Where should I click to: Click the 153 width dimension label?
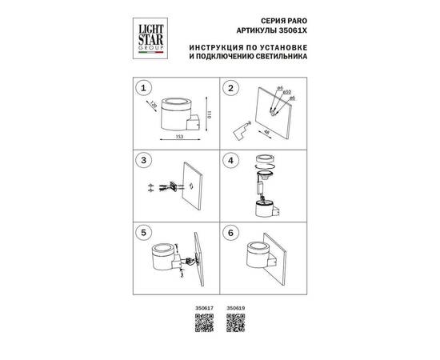pyautogui.click(x=178, y=138)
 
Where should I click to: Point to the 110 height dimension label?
pyautogui.click(x=208, y=114)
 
